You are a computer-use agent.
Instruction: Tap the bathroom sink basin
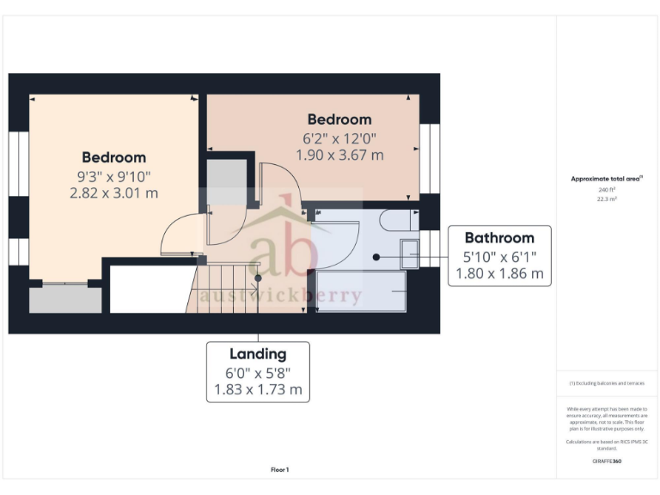click(x=409, y=256)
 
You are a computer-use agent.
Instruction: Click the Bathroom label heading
click(x=499, y=238)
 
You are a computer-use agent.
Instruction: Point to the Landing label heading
click(x=258, y=354)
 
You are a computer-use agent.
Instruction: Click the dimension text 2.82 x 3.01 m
click(x=114, y=193)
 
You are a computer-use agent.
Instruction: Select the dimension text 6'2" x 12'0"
click(x=339, y=138)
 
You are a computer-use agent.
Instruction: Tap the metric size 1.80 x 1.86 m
click(x=499, y=274)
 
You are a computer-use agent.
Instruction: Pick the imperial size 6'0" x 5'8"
click(x=258, y=373)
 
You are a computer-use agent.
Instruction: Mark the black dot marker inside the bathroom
click(x=376, y=256)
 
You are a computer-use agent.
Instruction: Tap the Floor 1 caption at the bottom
click(x=279, y=470)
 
